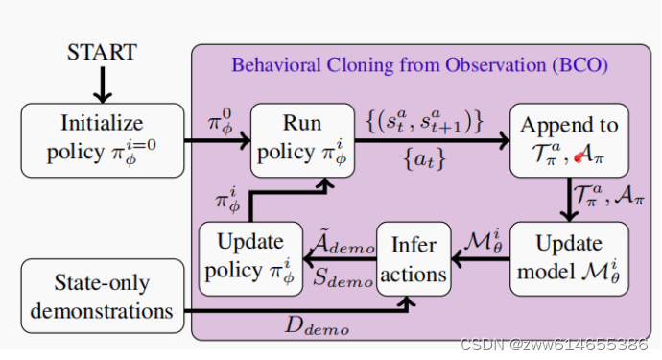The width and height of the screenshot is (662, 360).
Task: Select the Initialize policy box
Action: [102, 140]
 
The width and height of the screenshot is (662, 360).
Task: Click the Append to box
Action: [569, 140]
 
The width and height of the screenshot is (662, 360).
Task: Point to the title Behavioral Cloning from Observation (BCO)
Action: [418, 66]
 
